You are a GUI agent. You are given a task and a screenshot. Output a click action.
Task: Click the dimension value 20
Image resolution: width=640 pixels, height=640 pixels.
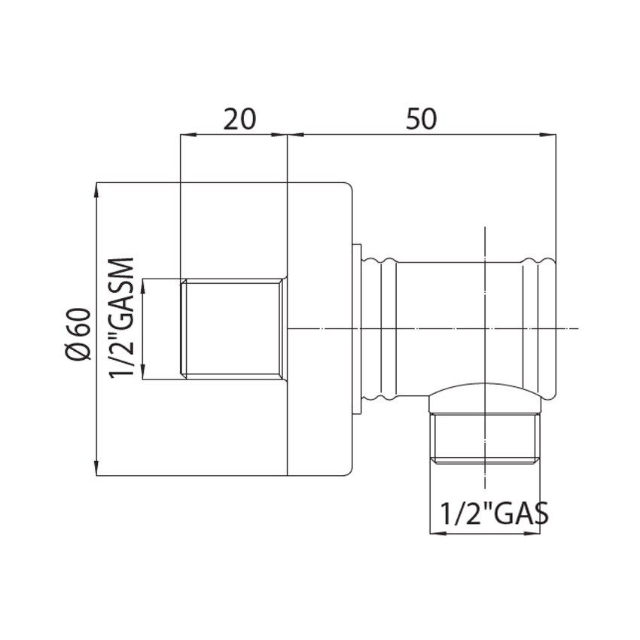240,119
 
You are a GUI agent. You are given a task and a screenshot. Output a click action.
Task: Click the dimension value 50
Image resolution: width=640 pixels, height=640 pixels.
421,119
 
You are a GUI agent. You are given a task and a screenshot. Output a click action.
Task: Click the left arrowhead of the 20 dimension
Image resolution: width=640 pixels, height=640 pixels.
185,136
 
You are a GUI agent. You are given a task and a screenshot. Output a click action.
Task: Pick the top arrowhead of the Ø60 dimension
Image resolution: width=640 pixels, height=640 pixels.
96,188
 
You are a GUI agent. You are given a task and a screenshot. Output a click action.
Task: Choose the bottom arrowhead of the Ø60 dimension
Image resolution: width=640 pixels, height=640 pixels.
96,470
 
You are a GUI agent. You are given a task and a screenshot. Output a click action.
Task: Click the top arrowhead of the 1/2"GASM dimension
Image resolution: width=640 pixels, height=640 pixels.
144,284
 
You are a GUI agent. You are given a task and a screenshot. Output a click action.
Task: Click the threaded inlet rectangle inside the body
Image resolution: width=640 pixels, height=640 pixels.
233,328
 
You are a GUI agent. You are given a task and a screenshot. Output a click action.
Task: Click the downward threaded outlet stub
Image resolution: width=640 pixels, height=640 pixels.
485,437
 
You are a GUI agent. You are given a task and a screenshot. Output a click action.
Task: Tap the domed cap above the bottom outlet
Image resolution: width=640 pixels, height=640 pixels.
485,396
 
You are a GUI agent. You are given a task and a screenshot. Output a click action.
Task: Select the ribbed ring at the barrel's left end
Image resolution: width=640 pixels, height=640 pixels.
379,328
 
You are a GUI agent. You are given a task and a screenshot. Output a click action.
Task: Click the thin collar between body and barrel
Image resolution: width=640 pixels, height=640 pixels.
357,328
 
